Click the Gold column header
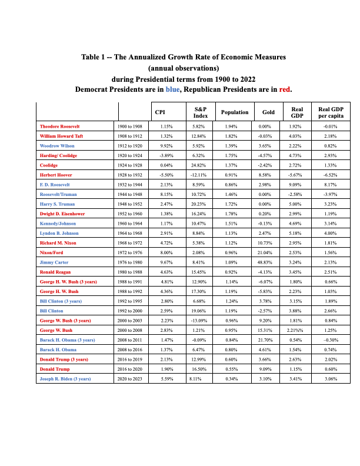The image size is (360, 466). tap(268, 112)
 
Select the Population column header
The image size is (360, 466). tap(235, 112)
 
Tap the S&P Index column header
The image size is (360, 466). tap(201, 112)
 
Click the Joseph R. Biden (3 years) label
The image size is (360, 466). tap(66, 378)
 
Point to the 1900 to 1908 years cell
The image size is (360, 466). tap(131, 126)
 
